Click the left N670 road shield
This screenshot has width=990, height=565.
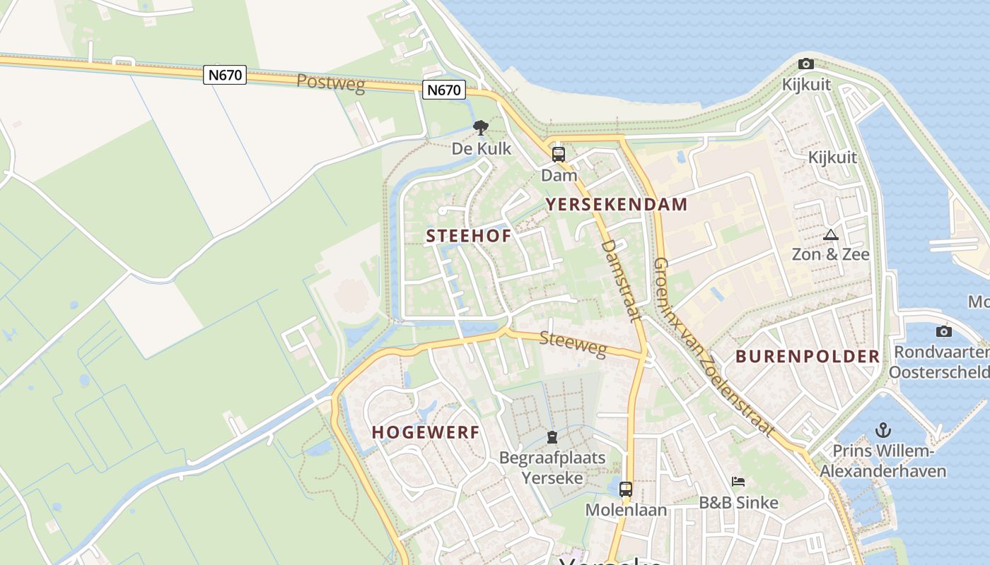pos(225,75)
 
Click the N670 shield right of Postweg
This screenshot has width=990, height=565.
pos(445,90)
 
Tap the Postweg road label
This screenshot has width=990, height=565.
pos(330,83)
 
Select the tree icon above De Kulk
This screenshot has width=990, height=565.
pos(481,128)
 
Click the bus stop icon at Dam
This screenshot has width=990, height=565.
pos(559,154)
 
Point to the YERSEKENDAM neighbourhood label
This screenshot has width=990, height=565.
pos(616,205)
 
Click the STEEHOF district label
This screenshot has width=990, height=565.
pos(468,236)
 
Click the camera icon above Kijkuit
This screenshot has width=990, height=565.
pos(805,64)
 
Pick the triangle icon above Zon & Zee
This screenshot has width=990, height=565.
pos(831,234)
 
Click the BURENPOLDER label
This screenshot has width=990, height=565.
pos(808,356)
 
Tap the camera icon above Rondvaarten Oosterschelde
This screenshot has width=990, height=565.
pos(943,331)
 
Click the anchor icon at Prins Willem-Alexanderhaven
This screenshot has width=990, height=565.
pos(883,429)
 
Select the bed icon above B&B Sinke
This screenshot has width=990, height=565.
pos(738,482)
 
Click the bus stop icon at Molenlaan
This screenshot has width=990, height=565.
pos(626,489)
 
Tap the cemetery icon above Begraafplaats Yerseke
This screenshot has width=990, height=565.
pos(552,438)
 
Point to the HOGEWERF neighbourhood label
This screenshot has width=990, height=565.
pos(426,432)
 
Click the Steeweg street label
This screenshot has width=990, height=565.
pos(573,343)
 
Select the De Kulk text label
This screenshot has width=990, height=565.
pos(481,149)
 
